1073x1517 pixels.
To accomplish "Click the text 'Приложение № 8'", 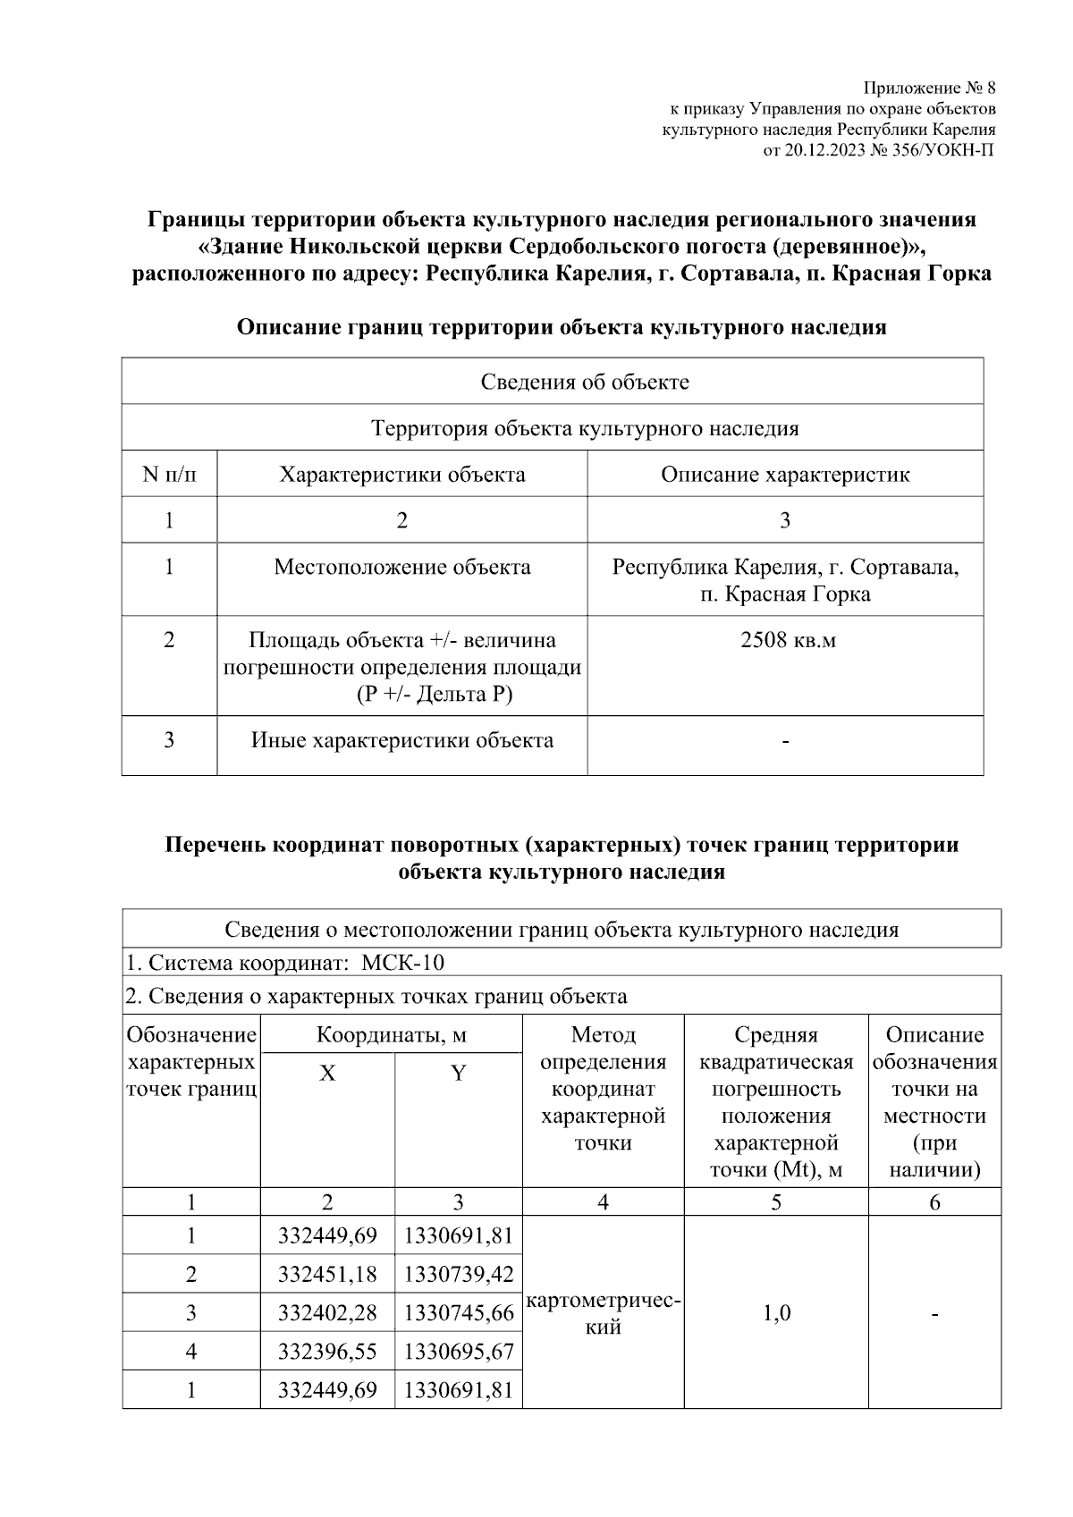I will pyautogui.click(x=929, y=88).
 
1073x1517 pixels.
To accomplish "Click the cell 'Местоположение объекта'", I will pyautogui.click(x=402, y=568).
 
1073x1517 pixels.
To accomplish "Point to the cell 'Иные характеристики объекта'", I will pyautogui.click(x=402, y=741).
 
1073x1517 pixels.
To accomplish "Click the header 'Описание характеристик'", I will pyautogui.click(x=785, y=475).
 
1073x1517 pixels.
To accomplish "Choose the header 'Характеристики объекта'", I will pyautogui.click(x=402, y=475).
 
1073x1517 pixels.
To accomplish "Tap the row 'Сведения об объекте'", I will pyautogui.click(x=585, y=383).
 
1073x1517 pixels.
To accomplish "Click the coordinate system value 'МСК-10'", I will pyautogui.click(x=402, y=964).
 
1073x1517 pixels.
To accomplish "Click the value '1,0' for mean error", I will pyautogui.click(x=776, y=1313).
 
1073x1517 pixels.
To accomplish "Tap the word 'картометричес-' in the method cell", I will pyautogui.click(x=604, y=1302).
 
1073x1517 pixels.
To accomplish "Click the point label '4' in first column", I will pyautogui.click(x=190, y=1352).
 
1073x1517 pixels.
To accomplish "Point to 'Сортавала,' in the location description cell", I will pyautogui.click(x=903, y=568).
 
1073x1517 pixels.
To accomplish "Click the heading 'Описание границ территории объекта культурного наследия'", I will pyautogui.click(x=562, y=328).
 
